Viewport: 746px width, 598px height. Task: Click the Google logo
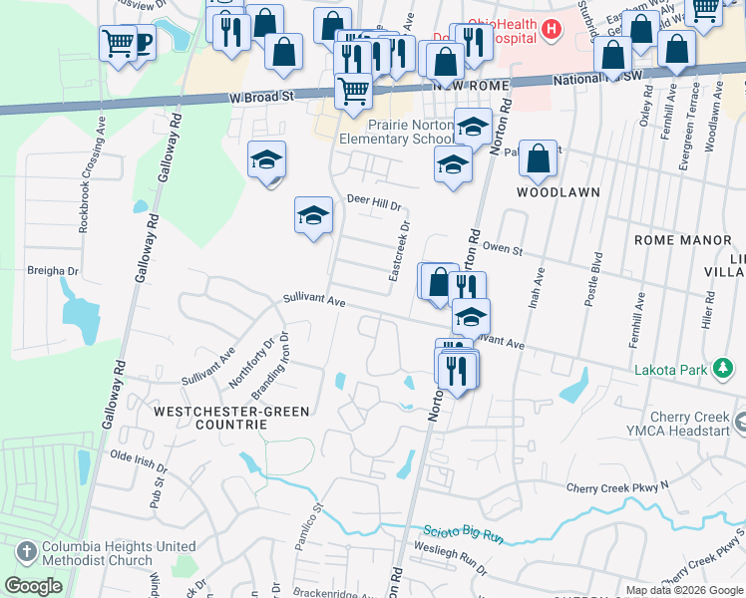click(34, 586)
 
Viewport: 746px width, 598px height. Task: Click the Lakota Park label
click(670, 370)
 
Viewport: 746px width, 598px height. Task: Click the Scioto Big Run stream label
click(464, 534)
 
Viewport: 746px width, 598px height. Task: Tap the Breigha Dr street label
click(53, 270)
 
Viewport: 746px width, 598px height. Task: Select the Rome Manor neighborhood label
click(676, 240)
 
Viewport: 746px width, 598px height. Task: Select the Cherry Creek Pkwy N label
click(616, 487)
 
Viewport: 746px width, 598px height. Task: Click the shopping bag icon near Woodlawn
click(538, 159)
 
